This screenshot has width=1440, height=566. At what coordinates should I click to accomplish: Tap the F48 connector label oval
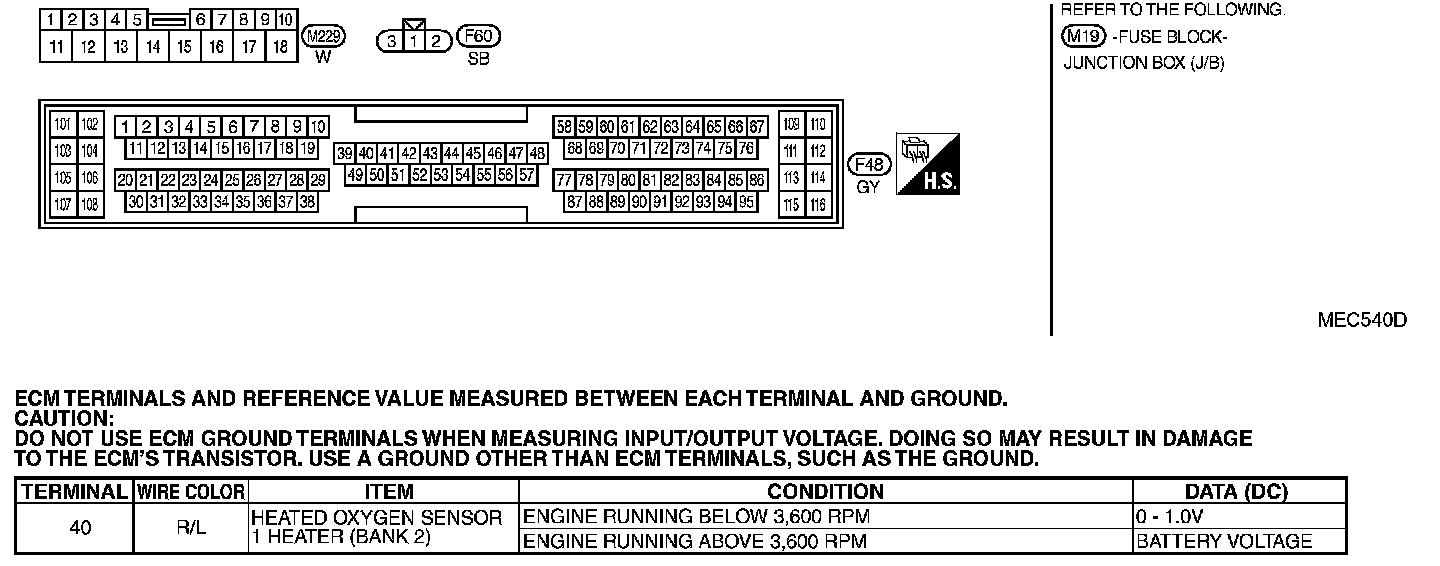pos(867,165)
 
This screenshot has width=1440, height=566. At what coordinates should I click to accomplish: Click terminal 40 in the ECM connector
pos(366,154)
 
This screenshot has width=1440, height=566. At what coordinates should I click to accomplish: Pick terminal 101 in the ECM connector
pos(63,125)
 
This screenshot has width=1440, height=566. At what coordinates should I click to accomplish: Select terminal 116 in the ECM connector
pos(818,205)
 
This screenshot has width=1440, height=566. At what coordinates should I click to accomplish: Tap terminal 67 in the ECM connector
pos(757,127)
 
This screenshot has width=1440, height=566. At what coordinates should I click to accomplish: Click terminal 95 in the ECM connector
pos(746,202)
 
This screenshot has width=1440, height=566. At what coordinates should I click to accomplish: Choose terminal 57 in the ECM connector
pos(527,175)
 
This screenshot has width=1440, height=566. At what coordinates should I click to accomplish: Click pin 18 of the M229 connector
pos(280,46)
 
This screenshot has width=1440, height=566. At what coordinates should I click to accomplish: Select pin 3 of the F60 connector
pos(392,41)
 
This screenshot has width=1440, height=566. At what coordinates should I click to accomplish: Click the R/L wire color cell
pos(190,529)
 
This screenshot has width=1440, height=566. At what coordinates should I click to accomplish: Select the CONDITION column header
pos(825,492)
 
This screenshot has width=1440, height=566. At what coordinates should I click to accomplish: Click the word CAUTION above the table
pos(64,418)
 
